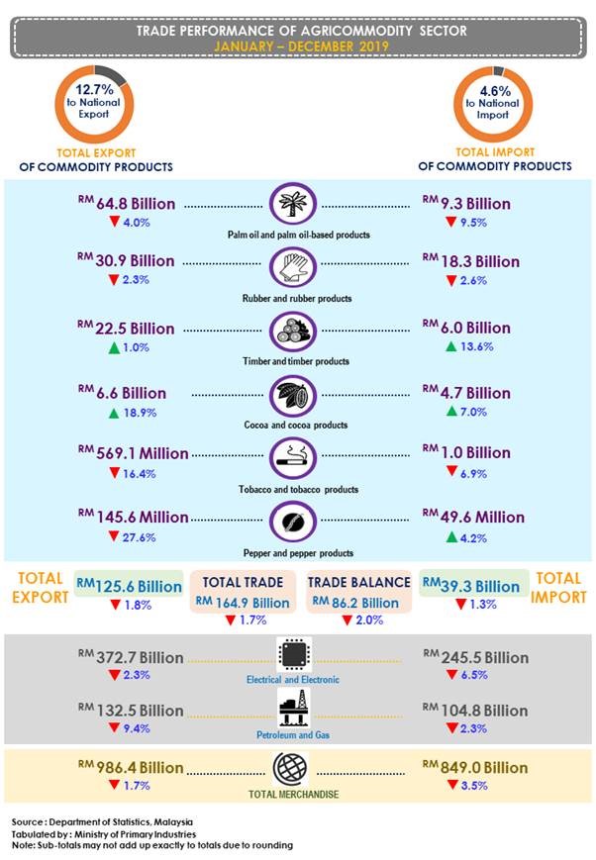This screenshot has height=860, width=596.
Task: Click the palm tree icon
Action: click(x=294, y=205)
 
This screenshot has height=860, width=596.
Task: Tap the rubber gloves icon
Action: click(x=294, y=268)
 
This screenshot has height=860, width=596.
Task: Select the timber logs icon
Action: click(x=294, y=332)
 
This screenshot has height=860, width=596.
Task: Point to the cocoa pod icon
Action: click(x=294, y=395)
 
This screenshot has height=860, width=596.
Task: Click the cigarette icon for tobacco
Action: click(x=294, y=459)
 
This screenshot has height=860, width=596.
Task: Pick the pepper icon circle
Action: click(x=294, y=523)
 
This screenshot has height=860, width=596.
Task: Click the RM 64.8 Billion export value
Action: click(x=129, y=204)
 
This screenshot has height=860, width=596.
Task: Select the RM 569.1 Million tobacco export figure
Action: click(x=137, y=453)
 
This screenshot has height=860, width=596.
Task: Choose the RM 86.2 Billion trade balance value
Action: click(x=355, y=602)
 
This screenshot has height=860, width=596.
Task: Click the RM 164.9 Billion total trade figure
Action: click(x=244, y=602)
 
